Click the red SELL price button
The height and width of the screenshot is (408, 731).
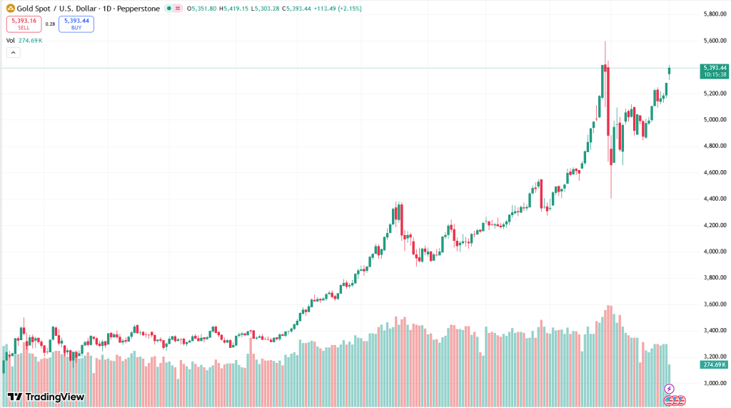coord(24,24)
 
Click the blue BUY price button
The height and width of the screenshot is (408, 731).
coord(76,24)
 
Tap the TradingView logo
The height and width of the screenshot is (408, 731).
coord(46,397)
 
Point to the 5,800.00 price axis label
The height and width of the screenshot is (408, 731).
coord(714,14)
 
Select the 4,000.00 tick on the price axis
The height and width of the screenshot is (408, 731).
coord(714,252)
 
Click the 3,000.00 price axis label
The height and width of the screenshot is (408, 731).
coord(714,383)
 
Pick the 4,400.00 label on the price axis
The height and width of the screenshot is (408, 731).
coord(714,199)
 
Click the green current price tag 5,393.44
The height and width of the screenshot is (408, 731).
coord(714,68)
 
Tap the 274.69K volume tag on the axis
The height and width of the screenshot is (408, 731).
coord(714,365)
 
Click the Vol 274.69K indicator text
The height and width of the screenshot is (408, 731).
coord(24,41)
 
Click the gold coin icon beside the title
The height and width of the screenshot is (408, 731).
coord(11,9)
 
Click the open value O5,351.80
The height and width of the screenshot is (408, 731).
coord(201,9)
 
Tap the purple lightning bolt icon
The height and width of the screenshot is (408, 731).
coord(669,389)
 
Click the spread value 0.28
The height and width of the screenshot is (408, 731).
coord(50,24)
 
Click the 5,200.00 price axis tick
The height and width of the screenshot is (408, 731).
coord(714,94)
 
